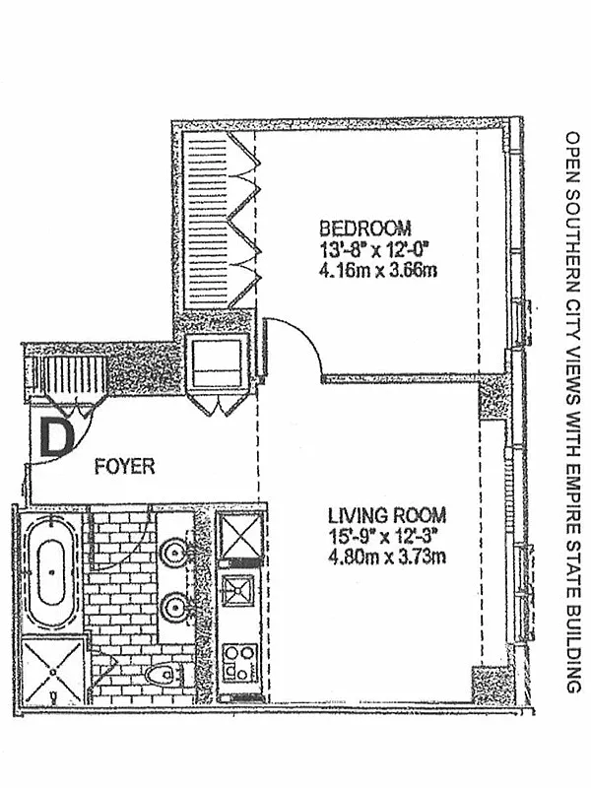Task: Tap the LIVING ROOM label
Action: pyautogui.click(x=386, y=514)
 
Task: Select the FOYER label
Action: pyautogui.click(x=124, y=466)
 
